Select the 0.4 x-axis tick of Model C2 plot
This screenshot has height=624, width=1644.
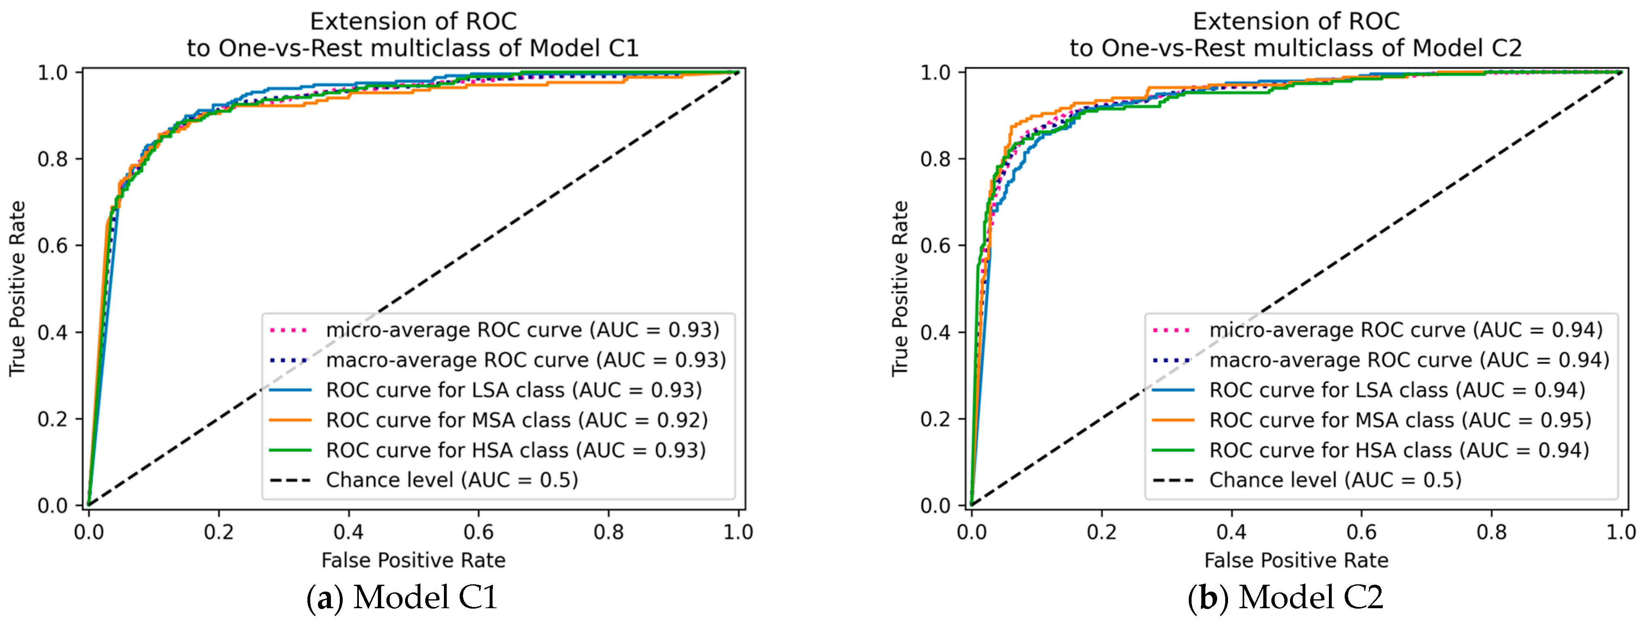pos(1231,532)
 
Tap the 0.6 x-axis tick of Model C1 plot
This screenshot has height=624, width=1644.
pos(479,532)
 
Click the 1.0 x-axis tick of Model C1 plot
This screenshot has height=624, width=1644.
pos(738,532)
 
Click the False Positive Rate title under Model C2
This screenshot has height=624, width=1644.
pos(1296,560)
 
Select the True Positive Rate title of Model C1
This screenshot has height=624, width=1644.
pos(17,288)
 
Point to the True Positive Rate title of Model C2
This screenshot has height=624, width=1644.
pos(900,288)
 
